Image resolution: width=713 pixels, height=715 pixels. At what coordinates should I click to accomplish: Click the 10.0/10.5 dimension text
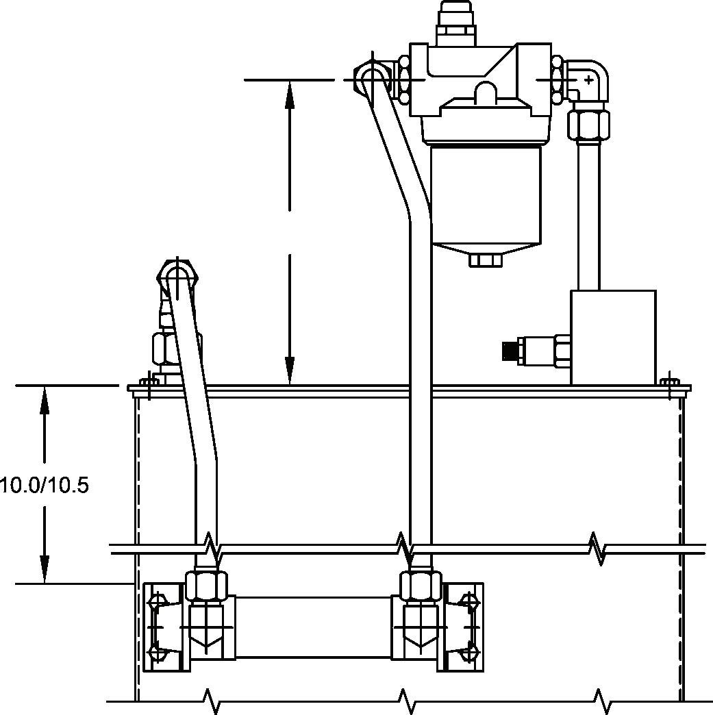pos(45,485)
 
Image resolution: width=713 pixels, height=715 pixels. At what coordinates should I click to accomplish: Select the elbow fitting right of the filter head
pos(587,80)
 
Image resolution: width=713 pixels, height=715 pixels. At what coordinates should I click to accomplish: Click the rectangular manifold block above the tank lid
pos(613,336)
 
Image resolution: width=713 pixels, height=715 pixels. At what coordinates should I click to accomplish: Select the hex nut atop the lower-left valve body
pos(205,586)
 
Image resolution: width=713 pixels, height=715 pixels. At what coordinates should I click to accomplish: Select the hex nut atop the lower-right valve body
pos(421,586)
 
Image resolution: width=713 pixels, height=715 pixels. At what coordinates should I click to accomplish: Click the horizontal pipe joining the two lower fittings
pos(313,627)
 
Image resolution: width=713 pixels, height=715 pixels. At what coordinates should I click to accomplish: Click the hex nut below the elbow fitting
pos(588,124)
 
